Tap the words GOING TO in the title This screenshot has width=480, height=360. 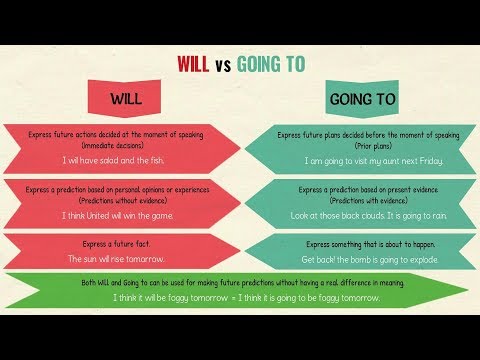pos(278,63)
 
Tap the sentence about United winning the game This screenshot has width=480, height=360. pos(117,215)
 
